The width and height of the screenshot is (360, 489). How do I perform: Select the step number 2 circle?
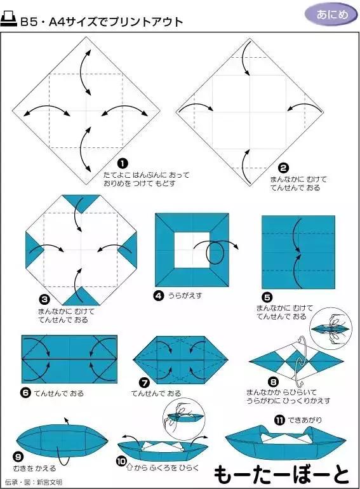[284, 168]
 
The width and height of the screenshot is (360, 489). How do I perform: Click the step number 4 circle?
[159, 295]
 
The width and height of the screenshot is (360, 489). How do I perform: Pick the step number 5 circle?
[267, 297]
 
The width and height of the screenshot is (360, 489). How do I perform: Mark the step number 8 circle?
[273, 382]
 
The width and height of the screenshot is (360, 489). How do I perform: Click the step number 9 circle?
[18, 456]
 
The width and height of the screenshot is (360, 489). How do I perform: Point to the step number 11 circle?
[279, 420]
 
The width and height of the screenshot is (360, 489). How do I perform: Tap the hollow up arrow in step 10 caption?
[131, 468]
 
